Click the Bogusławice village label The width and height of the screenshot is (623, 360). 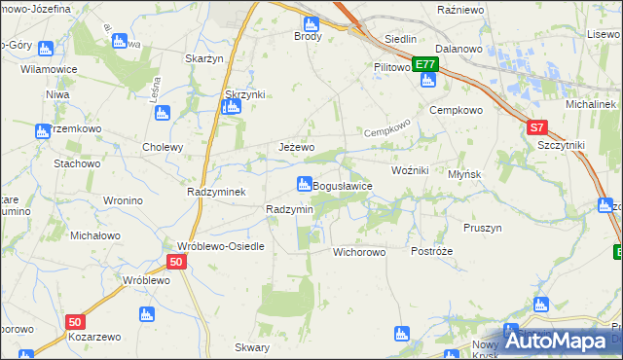pos(342,187)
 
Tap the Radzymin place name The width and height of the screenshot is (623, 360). pos(289,210)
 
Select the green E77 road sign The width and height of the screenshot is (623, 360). pos(424,65)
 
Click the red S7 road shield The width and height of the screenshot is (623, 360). pos(538,127)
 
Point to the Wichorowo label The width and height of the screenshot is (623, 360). pos(359,252)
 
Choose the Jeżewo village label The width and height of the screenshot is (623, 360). pos(296,147)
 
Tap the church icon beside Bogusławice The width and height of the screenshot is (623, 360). pos(304,183)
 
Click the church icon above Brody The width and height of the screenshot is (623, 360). pos(311,23)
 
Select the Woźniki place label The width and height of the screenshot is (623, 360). pos(410,170)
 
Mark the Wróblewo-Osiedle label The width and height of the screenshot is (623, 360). pos(220,246)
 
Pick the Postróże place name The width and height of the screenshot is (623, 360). pos(431,251)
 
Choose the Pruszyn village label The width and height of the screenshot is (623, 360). pos(483,228)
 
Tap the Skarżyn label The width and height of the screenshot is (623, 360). pos(205,58)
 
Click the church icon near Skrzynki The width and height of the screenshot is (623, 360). pos(230,107)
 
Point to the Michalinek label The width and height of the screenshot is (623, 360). pos(593,103)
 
